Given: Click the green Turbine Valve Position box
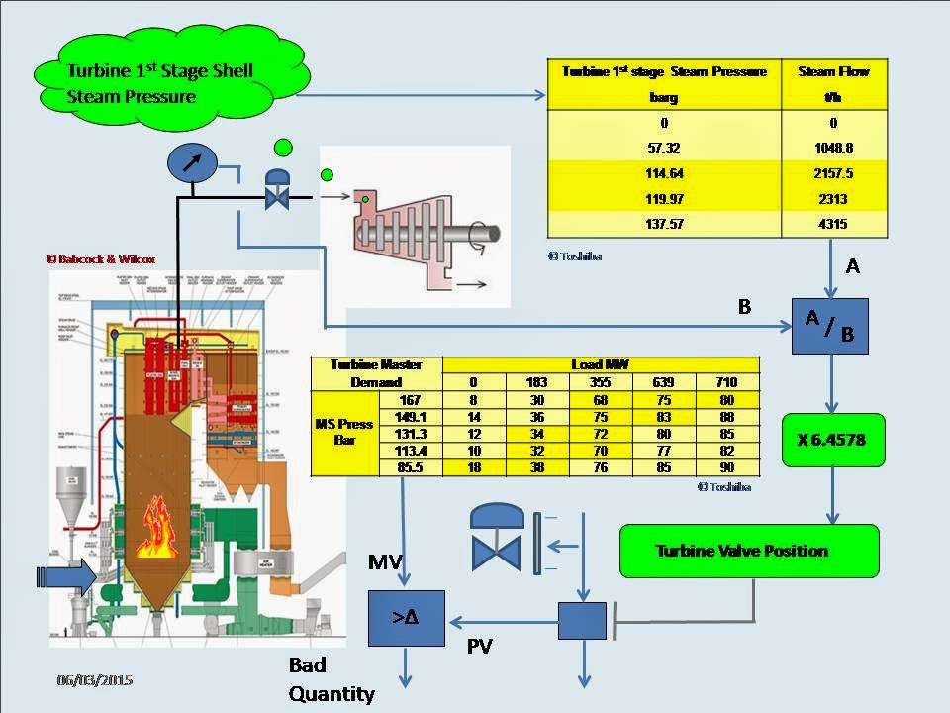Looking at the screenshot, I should pos(748,550).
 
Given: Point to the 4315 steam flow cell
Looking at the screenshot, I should pos(833,226).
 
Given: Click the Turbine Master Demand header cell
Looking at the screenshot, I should pos(376,372).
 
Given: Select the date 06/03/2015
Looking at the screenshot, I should pos(94,681).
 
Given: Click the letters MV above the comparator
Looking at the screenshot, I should pos(385,563).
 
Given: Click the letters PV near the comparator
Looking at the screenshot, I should pos(481,648).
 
